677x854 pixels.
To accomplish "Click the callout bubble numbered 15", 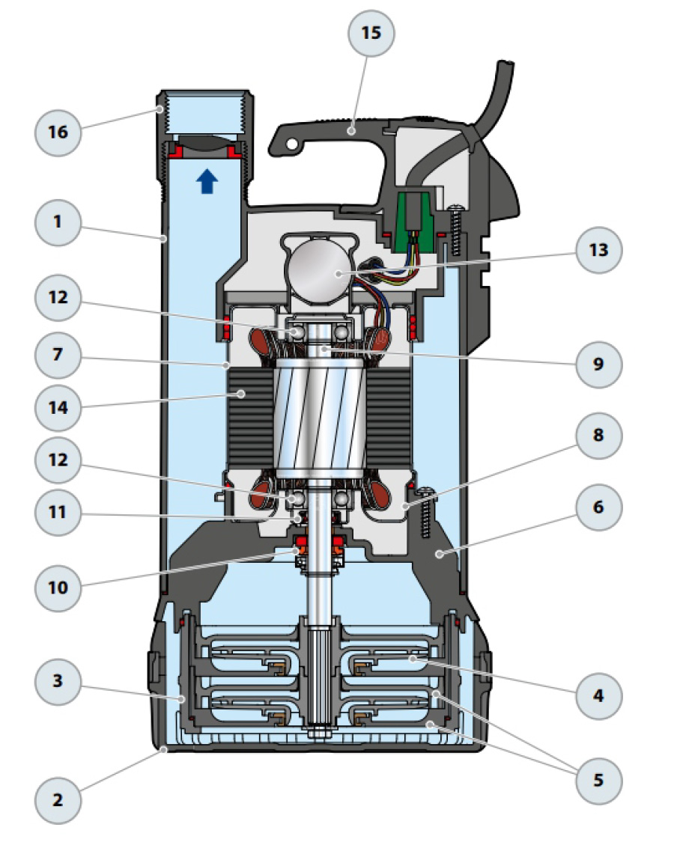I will (x=371, y=34).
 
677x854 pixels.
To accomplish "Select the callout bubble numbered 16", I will (x=58, y=132).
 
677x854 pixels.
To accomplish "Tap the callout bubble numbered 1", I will (x=58, y=222).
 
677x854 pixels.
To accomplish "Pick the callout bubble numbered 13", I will (x=598, y=251).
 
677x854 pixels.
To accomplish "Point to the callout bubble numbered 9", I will (x=598, y=364).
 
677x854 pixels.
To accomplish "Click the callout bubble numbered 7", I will (x=58, y=353).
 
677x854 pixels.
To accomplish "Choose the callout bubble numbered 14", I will (x=58, y=409).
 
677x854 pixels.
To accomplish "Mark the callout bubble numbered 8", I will (x=598, y=436).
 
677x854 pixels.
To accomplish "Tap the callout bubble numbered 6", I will (x=598, y=507).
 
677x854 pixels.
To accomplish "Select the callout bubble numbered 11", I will (x=58, y=513).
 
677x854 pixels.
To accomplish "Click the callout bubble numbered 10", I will (x=58, y=588).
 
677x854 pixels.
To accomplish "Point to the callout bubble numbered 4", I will (x=598, y=695).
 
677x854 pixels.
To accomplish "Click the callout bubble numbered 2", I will (x=58, y=800).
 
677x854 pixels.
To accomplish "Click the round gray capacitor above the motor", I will (x=318, y=272).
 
